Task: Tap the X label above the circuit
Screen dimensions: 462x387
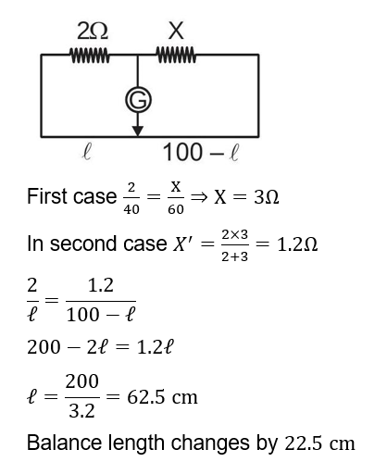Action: click(x=175, y=31)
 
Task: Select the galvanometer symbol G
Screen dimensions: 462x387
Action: click(x=139, y=102)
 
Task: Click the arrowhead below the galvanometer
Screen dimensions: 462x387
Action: click(x=139, y=129)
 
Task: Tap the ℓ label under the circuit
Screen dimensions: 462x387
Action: click(x=86, y=150)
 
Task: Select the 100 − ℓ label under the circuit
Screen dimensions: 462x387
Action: click(x=201, y=150)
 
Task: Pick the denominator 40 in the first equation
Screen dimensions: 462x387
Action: click(x=131, y=210)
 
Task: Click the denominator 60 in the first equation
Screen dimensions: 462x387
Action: click(x=176, y=210)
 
